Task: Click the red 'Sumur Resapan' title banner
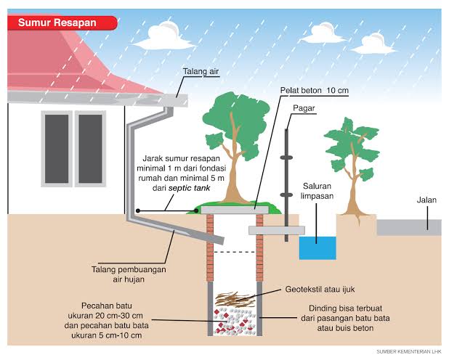tap(62, 22)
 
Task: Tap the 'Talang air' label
tap(201, 71)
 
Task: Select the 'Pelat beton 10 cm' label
tap(314, 91)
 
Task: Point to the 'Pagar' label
tap(304, 108)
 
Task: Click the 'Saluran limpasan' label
tap(317, 191)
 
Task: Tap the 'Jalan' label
tap(426, 200)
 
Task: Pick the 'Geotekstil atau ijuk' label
tap(320, 290)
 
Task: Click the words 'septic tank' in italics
tap(190, 188)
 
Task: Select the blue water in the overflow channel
tap(317, 248)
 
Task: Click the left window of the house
tap(57, 149)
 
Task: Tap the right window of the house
tap(90, 149)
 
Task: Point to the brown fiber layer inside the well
tap(235, 300)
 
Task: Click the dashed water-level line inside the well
tap(235, 252)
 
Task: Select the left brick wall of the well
tap(210, 247)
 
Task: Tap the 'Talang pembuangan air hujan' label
tap(129, 274)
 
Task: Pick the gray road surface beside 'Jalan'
tap(409, 227)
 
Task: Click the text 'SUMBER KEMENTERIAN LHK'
tap(409, 351)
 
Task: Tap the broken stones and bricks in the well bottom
tap(235, 322)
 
